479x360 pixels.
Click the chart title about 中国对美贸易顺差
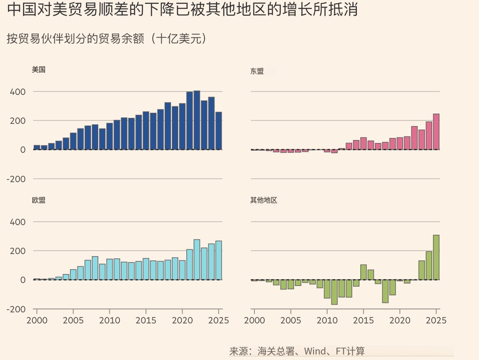pos(182,9)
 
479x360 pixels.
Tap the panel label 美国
pos(39,70)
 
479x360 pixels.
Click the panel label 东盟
pos(257,71)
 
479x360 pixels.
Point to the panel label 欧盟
pos(39,200)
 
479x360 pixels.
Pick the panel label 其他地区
pos(264,200)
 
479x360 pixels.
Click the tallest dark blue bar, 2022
pos(197,120)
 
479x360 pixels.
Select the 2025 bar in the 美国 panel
pos(219,131)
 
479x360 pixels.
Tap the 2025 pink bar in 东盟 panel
pos(436,132)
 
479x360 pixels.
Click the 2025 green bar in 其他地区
pos(436,257)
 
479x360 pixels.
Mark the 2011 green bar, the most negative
pos(334,292)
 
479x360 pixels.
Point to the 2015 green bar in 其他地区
pos(363,272)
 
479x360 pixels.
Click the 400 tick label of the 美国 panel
pos(17,92)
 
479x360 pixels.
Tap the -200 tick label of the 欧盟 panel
pos(16,309)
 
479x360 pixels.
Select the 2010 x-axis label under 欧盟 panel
pos(110,320)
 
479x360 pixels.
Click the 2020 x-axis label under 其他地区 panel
pos(399,320)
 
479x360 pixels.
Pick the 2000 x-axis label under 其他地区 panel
pos(255,320)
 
